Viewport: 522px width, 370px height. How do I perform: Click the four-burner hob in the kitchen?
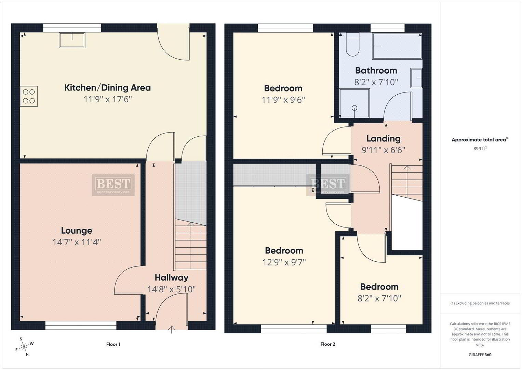coord(29,96)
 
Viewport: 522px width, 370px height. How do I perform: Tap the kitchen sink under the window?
coord(72,40)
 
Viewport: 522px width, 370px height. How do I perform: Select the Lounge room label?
coord(77,231)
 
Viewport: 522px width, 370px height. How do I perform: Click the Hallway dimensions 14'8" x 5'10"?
coord(172,289)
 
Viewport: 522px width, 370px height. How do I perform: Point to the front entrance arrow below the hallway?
coord(172,329)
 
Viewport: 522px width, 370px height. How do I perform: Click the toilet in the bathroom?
coord(352,45)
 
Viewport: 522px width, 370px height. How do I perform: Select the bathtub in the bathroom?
coord(397,46)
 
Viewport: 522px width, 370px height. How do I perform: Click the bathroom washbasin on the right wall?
coord(416,78)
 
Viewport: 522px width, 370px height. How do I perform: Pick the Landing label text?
coord(383,138)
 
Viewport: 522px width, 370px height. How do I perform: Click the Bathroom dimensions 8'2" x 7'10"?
coord(376,82)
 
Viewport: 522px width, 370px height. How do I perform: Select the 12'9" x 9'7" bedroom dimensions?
coord(284,262)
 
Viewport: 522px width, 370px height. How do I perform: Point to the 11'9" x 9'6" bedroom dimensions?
coord(283,100)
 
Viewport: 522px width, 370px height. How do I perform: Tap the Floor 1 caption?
coord(113,344)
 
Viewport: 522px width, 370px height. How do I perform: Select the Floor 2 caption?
coord(327,344)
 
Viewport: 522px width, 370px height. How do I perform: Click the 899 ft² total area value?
coord(480,148)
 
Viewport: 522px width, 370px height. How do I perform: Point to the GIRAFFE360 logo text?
coord(480,355)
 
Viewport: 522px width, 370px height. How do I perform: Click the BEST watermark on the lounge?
coord(113,185)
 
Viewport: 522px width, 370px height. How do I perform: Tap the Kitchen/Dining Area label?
coord(107,88)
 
